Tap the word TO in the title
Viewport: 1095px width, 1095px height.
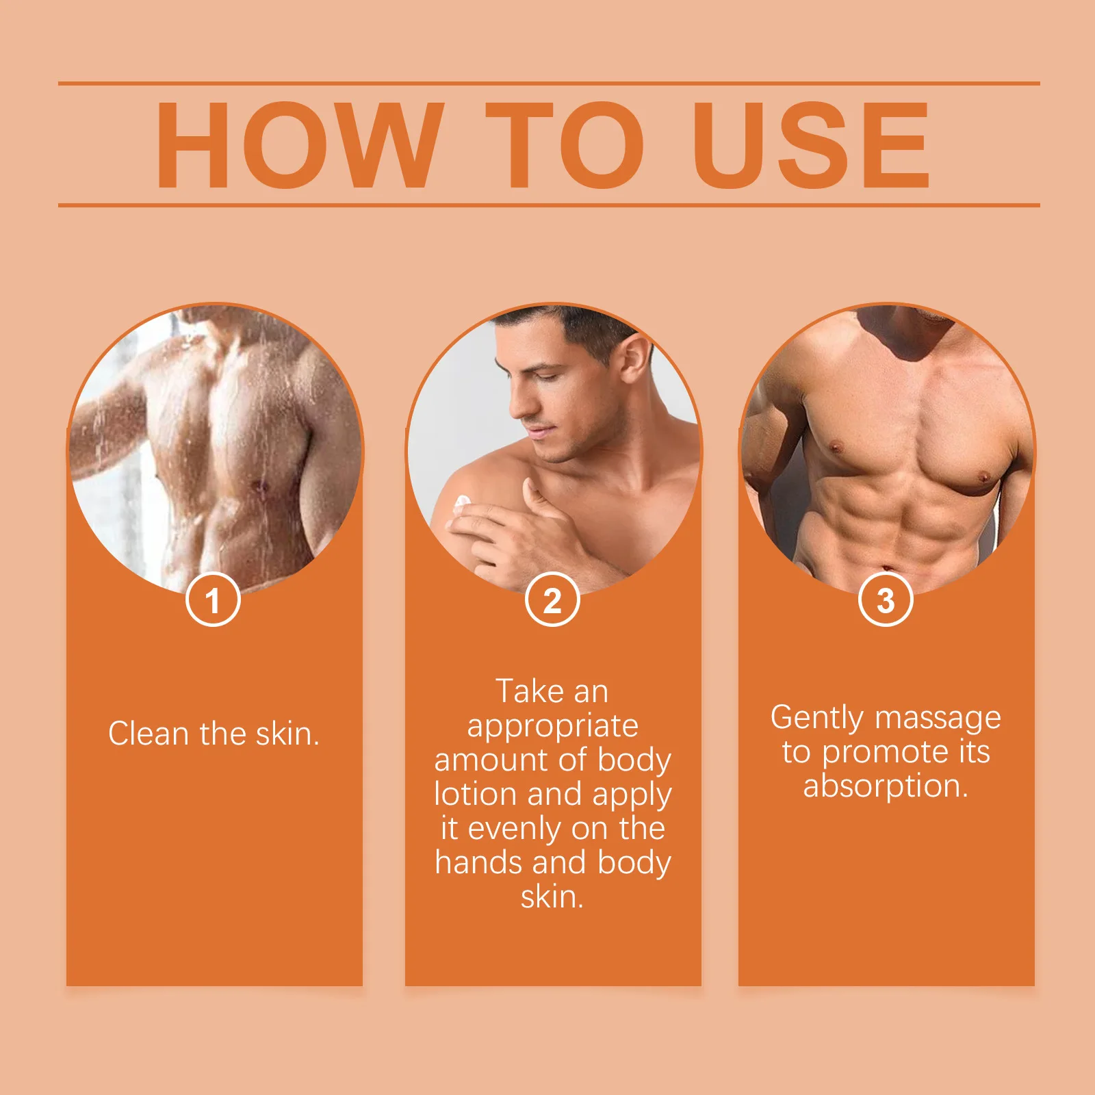565,145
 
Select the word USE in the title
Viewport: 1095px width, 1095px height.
812,145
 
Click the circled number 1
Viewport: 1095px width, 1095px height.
213,600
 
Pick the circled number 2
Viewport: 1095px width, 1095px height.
552,600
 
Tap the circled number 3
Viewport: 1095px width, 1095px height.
886,600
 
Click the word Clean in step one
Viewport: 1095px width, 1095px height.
148,734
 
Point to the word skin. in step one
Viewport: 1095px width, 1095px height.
287,734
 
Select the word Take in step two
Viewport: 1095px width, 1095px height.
527,691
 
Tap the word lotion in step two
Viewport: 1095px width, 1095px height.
475,794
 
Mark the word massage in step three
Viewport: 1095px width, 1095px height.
938,718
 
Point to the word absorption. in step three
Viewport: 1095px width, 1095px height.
886,786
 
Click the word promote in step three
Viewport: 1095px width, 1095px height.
886,752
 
